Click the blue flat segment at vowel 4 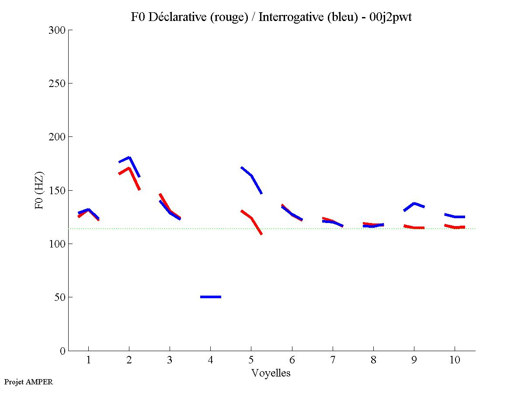pos(211,297)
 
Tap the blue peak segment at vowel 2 pos(129,158)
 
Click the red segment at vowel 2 pos(129,168)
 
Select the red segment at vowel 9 pos(414,227)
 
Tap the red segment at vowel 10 pos(455,227)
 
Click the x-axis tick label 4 pos(211,360)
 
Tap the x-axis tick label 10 pos(455,360)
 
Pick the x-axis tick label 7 pos(333,360)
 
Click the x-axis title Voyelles pos(271,373)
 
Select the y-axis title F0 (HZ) pos(39,190)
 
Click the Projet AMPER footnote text pos(28,382)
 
